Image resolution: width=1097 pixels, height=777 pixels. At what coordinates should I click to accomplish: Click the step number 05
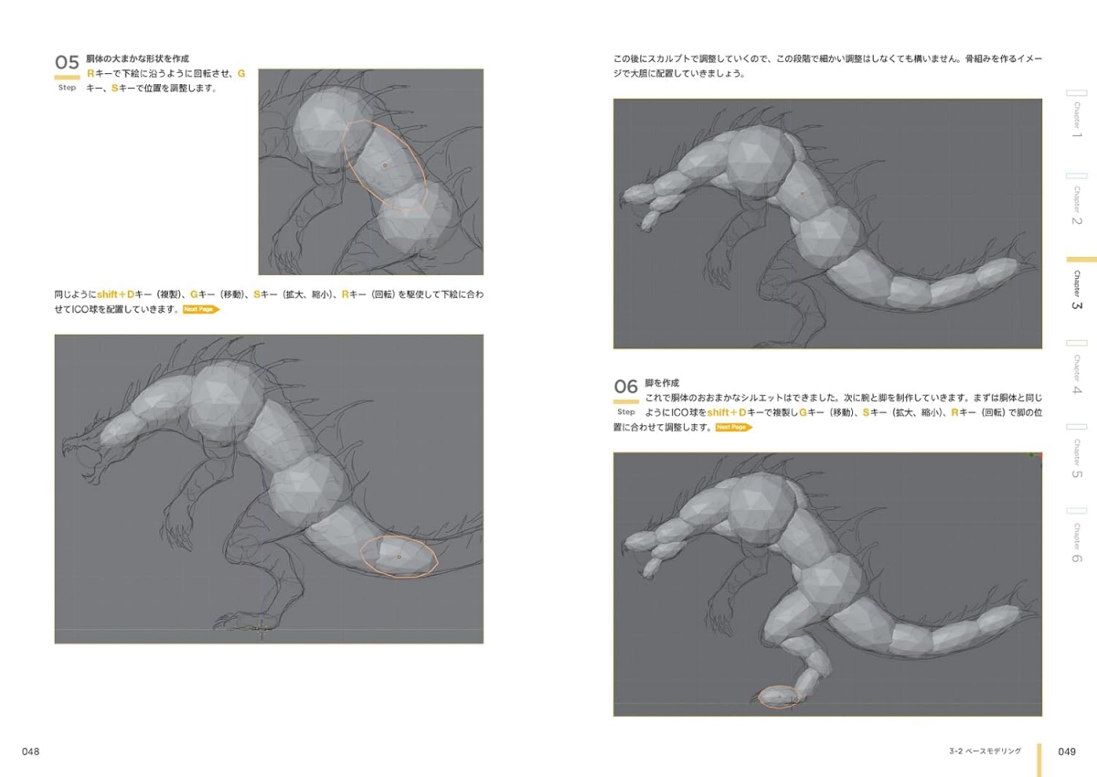(67, 62)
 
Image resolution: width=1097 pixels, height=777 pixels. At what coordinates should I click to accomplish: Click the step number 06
(625, 387)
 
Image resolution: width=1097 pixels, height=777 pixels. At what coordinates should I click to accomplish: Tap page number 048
(30, 751)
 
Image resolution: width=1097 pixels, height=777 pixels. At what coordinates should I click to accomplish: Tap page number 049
(1067, 751)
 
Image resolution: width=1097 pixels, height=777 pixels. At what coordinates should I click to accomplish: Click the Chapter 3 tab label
(1077, 290)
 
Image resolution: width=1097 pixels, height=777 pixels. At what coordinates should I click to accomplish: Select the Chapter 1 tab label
(1077, 120)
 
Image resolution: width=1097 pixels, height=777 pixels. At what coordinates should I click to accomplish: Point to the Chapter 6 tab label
(1077, 543)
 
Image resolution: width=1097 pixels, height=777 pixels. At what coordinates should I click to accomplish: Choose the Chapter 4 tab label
(1077, 375)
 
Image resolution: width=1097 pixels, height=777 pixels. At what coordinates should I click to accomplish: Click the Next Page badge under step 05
(201, 310)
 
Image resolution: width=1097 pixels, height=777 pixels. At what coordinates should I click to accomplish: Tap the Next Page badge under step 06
(733, 428)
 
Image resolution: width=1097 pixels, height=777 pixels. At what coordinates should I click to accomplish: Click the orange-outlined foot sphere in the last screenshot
(779, 697)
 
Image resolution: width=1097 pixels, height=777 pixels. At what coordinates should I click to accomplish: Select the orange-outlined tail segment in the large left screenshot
(399, 556)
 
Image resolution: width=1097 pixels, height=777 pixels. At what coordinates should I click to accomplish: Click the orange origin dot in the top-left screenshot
(385, 165)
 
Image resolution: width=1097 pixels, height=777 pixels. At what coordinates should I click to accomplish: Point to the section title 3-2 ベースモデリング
(985, 751)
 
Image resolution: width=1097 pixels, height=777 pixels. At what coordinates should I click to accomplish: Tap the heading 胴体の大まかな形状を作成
(138, 59)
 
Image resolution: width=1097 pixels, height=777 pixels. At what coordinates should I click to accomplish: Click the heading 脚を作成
(662, 383)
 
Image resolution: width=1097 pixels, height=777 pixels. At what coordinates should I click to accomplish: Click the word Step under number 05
(67, 88)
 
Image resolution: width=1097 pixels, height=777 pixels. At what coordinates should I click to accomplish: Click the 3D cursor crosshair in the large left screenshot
(261, 630)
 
